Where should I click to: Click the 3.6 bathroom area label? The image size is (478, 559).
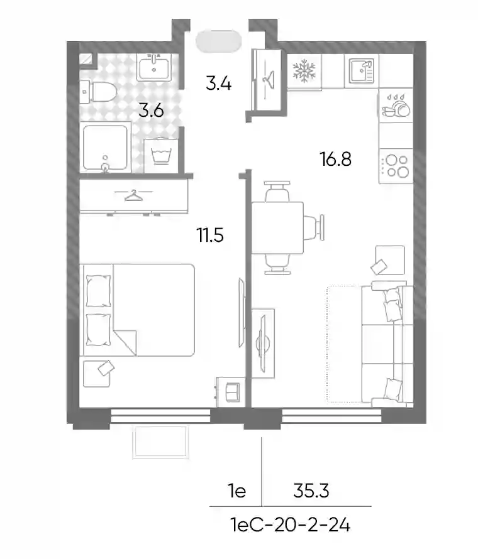[x=151, y=111]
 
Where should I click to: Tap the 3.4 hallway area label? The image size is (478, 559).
[x=218, y=84]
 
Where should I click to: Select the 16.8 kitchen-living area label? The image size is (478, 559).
[x=336, y=159]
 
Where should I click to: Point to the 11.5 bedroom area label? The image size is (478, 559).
[x=210, y=236]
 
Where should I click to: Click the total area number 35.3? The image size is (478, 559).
[x=311, y=491]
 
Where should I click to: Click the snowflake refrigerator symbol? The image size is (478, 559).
[x=304, y=70]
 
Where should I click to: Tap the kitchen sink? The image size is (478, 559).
[x=361, y=70]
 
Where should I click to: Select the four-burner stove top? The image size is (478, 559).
[x=396, y=166]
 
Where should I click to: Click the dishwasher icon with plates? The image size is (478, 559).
[x=396, y=106]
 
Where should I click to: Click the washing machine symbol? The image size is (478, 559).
[x=161, y=155]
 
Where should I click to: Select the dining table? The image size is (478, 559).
[x=277, y=228]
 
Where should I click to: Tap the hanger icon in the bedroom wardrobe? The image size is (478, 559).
[x=133, y=195]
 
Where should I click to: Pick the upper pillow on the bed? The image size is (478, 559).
[x=98, y=291]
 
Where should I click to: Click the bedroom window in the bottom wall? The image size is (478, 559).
[x=160, y=416]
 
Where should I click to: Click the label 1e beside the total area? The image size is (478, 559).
[x=237, y=491]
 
